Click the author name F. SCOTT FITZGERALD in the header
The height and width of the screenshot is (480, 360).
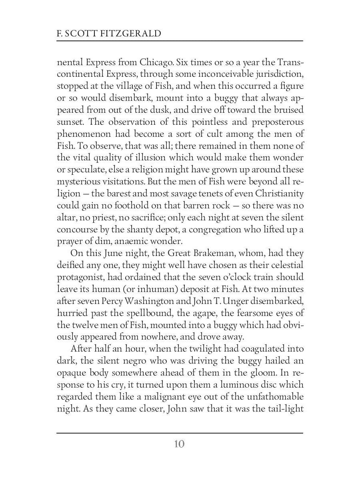click(109, 33)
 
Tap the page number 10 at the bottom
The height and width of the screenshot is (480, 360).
click(179, 444)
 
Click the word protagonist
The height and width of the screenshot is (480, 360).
click(81, 277)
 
